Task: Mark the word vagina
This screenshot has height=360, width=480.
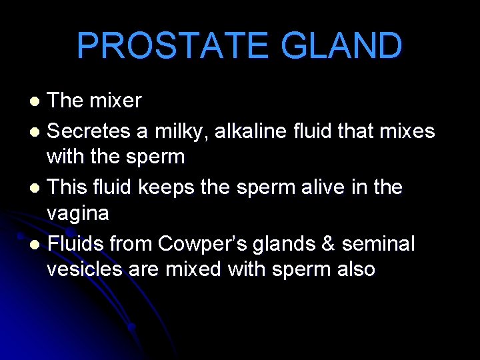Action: [x=78, y=214]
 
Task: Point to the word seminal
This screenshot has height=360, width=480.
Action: [x=378, y=245]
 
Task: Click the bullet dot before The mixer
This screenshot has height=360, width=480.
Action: [x=37, y=102]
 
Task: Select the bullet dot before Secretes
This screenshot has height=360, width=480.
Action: [x=37, y=132]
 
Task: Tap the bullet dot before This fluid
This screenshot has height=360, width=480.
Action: [x=37, y=189]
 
